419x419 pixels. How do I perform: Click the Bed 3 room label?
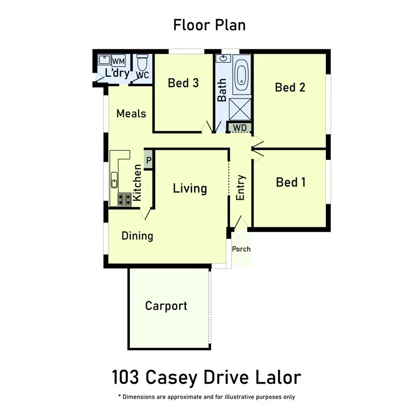click(x=183, y=83)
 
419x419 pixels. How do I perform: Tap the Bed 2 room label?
click(x=290, y=87)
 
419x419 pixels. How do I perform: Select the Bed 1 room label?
click(x=291, y=182)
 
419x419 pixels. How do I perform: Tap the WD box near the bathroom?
click(x=240, y=127)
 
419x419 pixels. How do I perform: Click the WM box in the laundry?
click(x=118, y=61)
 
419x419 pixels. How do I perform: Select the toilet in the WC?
click(x=142, y=62)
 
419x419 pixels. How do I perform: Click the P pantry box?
click(x=149, y=161)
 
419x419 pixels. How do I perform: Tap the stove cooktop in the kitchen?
click(x=124, y=200)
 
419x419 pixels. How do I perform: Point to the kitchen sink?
click(x=114, y=180)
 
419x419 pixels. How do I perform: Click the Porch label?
click(x=241, y=249)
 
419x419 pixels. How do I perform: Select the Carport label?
click(x=166, y=306)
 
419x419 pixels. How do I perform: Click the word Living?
click(x=190, y=189)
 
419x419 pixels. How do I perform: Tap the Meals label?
click(x=131, y=114)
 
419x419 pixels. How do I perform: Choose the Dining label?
click(x=137, y=236)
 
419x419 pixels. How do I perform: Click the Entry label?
click(x=241, y=188)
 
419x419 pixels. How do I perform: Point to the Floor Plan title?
click(x=209, y=25)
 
